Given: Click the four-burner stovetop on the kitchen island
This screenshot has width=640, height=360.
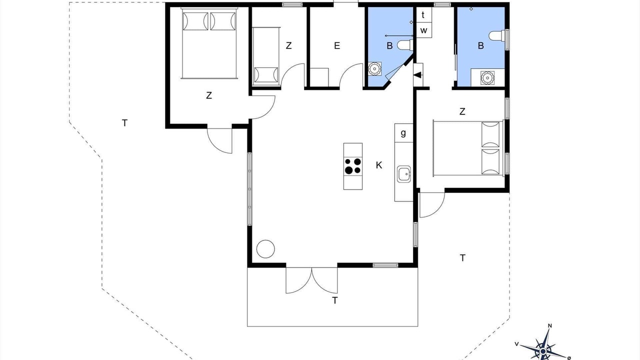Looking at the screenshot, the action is click(353, 166).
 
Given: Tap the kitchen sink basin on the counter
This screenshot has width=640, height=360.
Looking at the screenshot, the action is click(404, 174).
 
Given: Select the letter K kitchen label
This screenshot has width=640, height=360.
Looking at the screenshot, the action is click(379, 165).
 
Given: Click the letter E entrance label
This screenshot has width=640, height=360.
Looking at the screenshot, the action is click(337, 45).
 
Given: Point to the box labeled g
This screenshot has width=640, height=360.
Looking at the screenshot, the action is click(403, 133).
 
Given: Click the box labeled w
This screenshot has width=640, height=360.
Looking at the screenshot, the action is click(423, 30).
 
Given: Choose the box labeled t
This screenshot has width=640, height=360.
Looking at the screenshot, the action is click(423, 15).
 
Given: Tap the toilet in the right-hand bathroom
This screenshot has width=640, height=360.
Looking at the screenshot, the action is click(497, 36).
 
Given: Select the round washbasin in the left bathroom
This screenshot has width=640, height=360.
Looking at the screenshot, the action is click(374, 69).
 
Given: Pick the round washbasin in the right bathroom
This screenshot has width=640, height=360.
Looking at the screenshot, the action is click(486, 77).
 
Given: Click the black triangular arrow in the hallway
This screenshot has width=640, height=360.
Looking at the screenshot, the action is click(417, 75).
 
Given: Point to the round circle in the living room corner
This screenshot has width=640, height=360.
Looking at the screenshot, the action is click(265, 249).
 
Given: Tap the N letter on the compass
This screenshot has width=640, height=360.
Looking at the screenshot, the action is click(549, 326).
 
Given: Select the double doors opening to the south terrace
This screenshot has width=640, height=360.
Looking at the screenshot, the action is click(311, 280).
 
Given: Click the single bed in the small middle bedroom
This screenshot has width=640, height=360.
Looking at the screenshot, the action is click(266, 56).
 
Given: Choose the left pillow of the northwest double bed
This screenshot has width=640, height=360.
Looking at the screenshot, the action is click(195, 21).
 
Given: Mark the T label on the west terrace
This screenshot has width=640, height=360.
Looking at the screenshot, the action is click(124, 123).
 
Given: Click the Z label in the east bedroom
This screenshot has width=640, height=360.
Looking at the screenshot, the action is click(462, 111).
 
